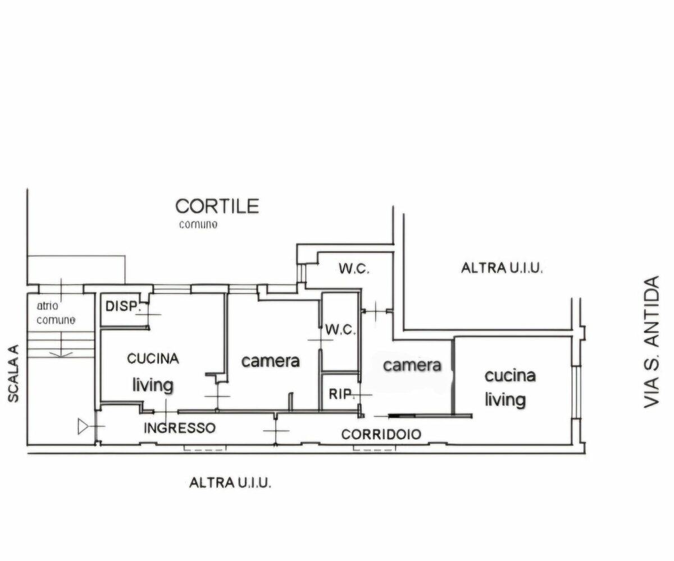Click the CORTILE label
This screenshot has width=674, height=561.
click(x=217, y=206)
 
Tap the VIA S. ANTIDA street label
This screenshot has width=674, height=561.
click(x=651, y=342)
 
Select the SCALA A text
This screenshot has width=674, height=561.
click(x=13, y=374)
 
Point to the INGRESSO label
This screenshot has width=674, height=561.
click(x=180, y=428)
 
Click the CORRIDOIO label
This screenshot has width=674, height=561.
click(x=381, y=434)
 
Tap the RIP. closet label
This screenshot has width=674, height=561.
click(x=341, y=394)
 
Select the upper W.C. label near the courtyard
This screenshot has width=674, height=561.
click(x=354, y=268)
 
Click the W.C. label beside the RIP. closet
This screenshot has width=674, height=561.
click(x=340, y=330)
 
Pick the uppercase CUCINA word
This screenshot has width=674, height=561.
click(x=153, y=358)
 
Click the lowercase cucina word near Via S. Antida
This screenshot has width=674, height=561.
click(x=510, y=376)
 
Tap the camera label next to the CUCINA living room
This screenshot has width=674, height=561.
click(x=271, y=361)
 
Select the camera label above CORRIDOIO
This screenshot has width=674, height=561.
click(x=412, y=365)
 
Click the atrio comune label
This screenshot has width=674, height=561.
click(x=56, y=312)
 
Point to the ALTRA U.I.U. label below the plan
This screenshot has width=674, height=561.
click(x=230, y=482)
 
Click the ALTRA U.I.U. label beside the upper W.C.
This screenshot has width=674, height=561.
click(x=502, y=268)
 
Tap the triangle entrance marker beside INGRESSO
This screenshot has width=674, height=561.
click(x=83, y=426)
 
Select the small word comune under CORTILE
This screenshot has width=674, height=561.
click(x=198, y=224)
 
